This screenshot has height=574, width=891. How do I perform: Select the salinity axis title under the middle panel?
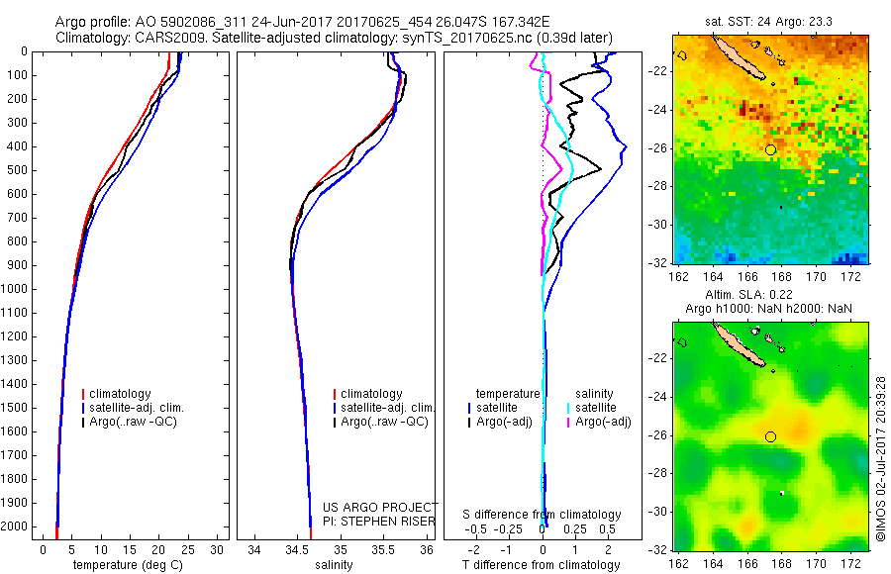coord(334,565)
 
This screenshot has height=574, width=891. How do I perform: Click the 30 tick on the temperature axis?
coord(219,549)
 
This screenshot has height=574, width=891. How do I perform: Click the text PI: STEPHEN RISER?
coord(380,521)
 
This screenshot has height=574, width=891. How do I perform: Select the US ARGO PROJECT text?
coord(380,507)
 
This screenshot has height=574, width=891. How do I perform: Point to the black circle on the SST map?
coord(770,149)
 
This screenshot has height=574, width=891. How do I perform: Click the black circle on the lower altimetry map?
coord(770,436)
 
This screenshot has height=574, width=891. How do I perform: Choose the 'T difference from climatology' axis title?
coord(543,565)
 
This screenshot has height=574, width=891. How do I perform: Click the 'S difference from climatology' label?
coord(543,515)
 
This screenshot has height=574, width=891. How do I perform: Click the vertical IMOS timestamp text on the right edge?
coord(881,457)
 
